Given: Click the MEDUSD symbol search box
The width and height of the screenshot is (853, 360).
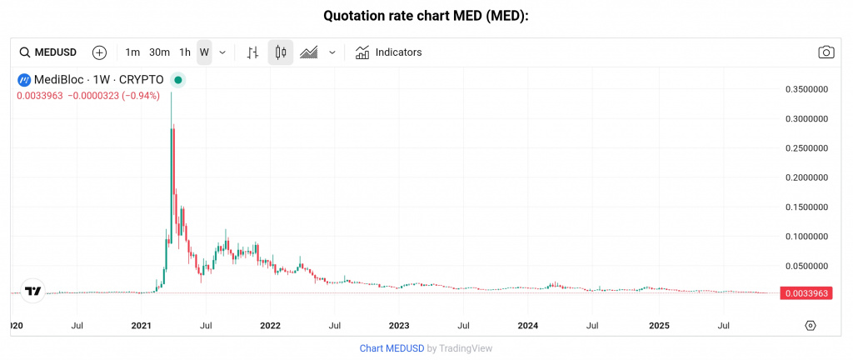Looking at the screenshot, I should click(48, 52).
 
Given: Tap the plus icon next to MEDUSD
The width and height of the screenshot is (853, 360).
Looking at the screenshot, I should click(99, 52).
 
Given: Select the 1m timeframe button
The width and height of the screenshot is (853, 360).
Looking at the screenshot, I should click(132, 52).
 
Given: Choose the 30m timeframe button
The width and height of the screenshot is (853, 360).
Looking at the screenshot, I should click(159, 52).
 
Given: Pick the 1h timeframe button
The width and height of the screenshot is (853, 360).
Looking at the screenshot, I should click(185, 52).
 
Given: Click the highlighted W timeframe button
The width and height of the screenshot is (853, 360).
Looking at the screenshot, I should click(204, 52).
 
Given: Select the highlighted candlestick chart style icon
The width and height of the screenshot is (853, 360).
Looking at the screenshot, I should click(280, 52).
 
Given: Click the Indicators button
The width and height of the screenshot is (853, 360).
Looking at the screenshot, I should click(388, 52).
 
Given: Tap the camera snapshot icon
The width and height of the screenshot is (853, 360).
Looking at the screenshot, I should click(826, 52).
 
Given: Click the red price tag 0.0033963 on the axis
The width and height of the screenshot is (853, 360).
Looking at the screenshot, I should click(806, 293).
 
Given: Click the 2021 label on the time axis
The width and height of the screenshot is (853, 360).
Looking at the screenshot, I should click(141, 324).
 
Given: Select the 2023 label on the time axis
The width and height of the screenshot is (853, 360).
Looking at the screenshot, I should click(399, 324).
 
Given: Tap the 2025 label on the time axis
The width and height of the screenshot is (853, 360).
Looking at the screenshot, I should click(659, 324).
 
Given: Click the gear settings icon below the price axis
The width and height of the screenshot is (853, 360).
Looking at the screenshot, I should click(810, 325).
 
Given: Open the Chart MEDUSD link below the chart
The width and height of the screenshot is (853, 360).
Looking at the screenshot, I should click(392, 348).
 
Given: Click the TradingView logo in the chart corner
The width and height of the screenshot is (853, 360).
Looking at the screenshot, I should click(32, 291).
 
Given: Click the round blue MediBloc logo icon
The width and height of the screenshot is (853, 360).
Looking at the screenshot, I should click(24, 80).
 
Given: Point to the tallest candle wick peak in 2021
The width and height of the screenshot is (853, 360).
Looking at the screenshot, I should click(172, 92).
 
